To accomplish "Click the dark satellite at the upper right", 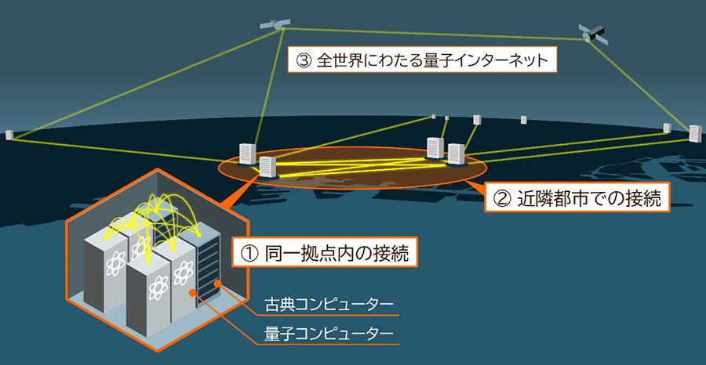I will (x=592, y=33).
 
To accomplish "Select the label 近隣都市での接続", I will (x=577, y=198).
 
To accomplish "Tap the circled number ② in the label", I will (x=501, y=199).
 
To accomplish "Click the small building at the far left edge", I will (x=9, y=135).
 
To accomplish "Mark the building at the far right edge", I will (x=694, y=133).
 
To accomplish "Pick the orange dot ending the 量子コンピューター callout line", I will (x=194, y=293).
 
